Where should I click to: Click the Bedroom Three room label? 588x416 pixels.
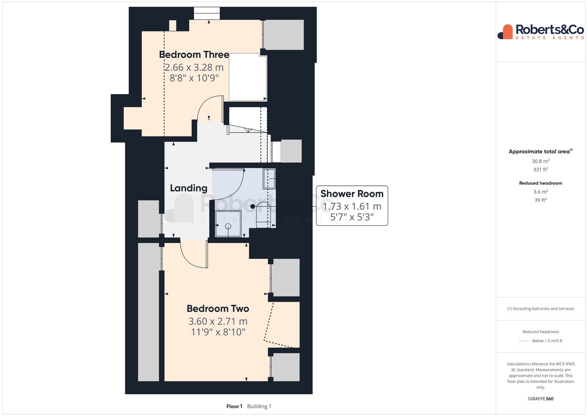tap(194, 54)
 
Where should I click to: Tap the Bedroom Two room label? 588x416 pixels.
tap(218, 308)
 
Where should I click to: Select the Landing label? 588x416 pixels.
tap(189, 188)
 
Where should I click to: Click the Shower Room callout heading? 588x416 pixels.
tap(352, 194)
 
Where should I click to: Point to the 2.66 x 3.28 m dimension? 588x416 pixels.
tap(194, 68)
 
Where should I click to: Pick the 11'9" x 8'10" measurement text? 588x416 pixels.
tap(218, 332)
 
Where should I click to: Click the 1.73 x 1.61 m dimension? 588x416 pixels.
tap(352, 207)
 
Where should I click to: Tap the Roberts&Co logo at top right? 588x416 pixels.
tap(541, 32)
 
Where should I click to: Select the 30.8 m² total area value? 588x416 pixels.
tap(540, 161)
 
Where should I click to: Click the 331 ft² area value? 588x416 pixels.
tap(540, 170)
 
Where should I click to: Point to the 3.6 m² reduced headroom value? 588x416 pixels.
tap(540, 192)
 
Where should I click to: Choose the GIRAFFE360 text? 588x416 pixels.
tap(540, 399)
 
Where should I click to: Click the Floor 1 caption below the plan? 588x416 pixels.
tap(234, 406)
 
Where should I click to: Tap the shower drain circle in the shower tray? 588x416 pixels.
tap(228, 226)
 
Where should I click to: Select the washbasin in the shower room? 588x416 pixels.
tap(269, 179)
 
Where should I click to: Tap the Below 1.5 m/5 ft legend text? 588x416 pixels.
tap(547, 341)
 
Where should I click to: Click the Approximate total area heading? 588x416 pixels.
tap(540, 151)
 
